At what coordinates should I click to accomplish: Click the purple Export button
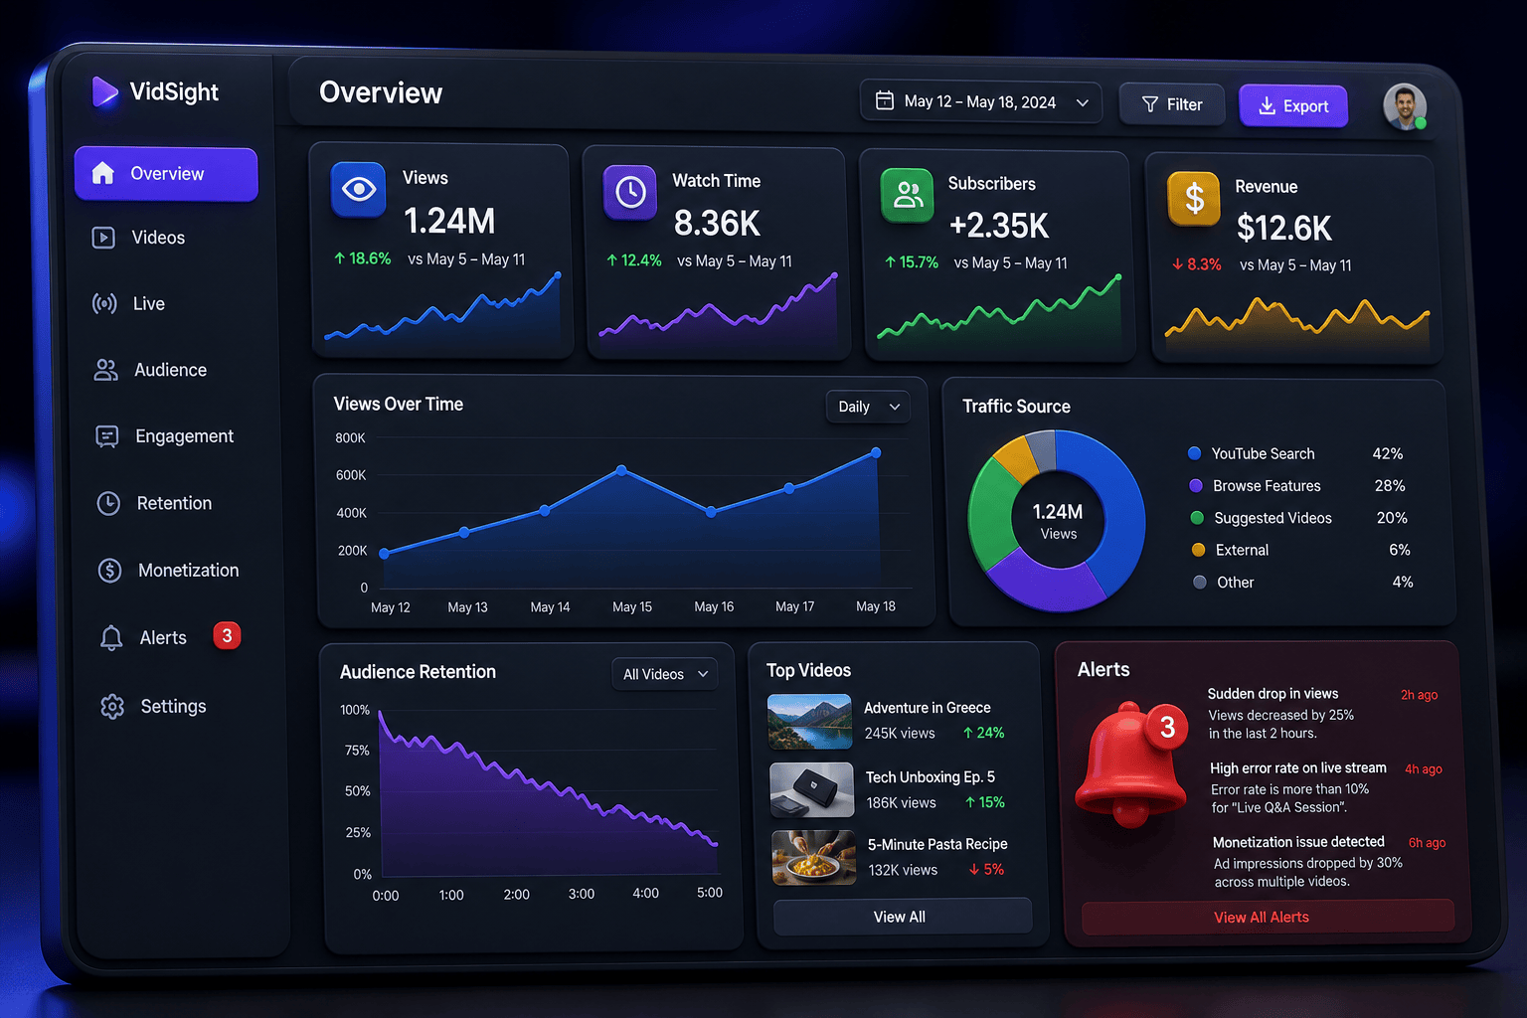1293,105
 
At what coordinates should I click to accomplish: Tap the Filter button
1172,104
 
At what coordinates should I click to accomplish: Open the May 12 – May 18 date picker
981,102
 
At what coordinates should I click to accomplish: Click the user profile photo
1405,106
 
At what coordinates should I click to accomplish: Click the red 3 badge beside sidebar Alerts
227,635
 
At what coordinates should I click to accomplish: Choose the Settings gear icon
112,707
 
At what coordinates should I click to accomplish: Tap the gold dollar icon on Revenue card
1194,199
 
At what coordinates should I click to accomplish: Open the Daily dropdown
868,407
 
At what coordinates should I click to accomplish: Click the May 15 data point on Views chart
621,470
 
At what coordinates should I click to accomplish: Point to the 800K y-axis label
350,437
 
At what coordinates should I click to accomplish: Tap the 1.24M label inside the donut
1058,511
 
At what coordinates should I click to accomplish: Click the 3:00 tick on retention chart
582,893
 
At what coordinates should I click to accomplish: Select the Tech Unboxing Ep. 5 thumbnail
812,789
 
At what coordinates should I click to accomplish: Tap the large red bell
1131,764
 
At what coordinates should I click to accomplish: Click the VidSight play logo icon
104,91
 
